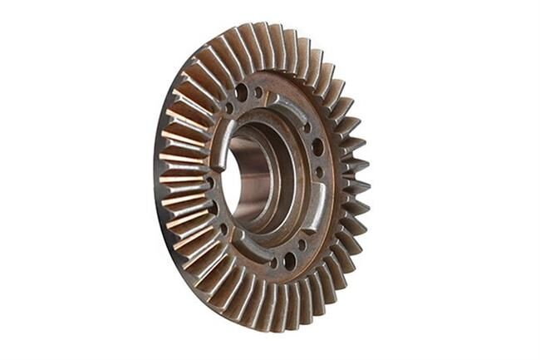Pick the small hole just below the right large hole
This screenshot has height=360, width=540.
point(318,172)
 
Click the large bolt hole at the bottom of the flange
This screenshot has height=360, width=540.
point(289,260)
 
